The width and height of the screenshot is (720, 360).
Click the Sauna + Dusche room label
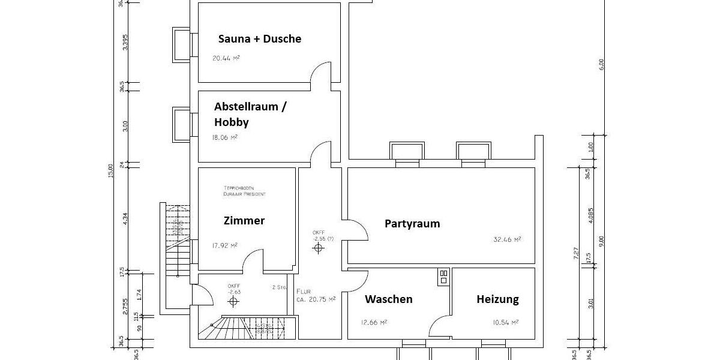(259, 39)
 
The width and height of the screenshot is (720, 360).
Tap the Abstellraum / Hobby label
(250, 114)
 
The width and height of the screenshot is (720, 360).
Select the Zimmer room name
(244, 221)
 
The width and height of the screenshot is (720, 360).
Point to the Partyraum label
(412, 224)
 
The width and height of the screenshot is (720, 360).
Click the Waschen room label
(389, 299)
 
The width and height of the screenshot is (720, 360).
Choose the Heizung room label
(497, 299)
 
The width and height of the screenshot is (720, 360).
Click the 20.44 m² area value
(226, 59)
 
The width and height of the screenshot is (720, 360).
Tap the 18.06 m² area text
(224, 137)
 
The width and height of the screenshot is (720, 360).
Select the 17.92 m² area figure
(224, 245)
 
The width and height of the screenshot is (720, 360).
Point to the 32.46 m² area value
(507, 239)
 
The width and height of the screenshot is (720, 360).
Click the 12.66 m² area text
(373, 322)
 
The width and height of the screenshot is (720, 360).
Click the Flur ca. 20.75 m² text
(315, 295)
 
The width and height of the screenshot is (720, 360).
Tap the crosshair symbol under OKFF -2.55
(317, 248)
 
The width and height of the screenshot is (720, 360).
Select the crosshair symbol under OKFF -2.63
(233, 301)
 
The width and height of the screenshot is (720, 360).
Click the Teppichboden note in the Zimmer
(243, 191)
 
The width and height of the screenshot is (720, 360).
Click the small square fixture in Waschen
(443, 276)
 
